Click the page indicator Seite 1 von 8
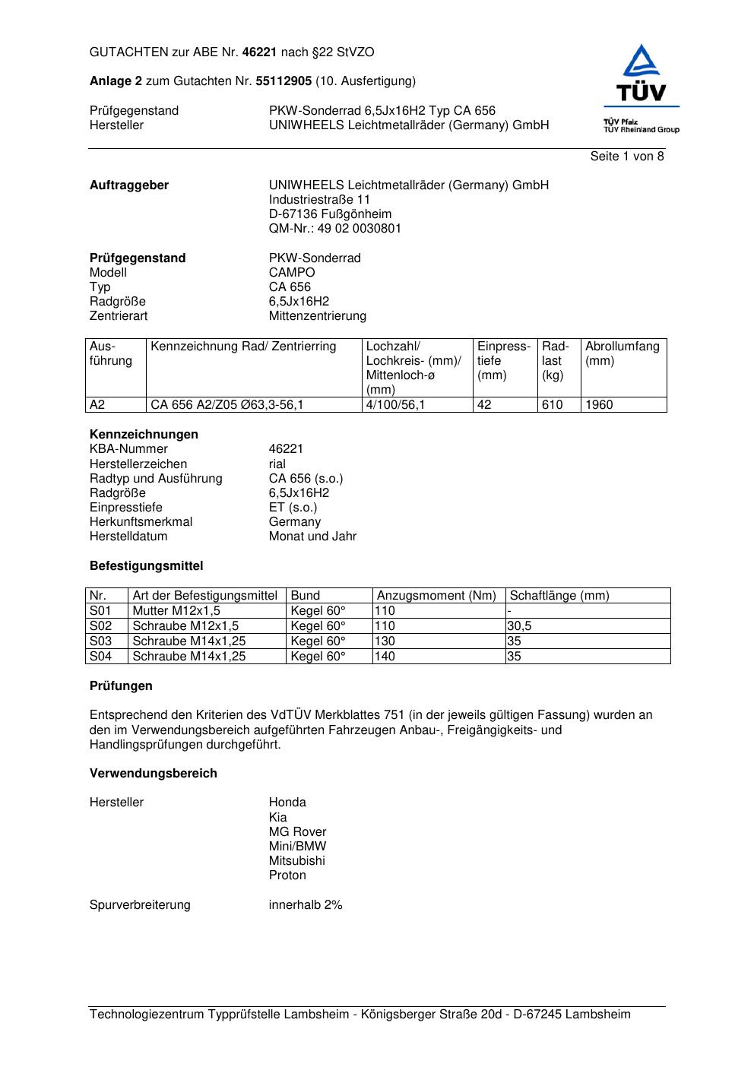click(x=626, y=157)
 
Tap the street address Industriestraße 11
click(x=319, y=200)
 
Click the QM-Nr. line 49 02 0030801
click(x=335, y=229)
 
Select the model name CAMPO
click(x=292, y=273)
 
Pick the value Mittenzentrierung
click(x=317, y=316)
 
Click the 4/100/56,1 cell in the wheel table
click(x=395, y=405)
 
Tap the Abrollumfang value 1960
click(x=599, y=405)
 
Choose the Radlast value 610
click(x=553, y=405)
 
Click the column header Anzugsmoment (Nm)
click(x=436, y=596)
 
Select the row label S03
click(x=100, y=641)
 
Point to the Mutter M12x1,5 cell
click(x=176, y=611)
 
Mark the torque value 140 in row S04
click(x=385, y=657)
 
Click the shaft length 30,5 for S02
click(x=520, y=626)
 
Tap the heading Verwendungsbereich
click(x=154, y=774)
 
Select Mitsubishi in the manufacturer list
click(x=296, y=861)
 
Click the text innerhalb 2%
click(x=306, y=905)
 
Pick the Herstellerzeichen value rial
click(x=277, y=464)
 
